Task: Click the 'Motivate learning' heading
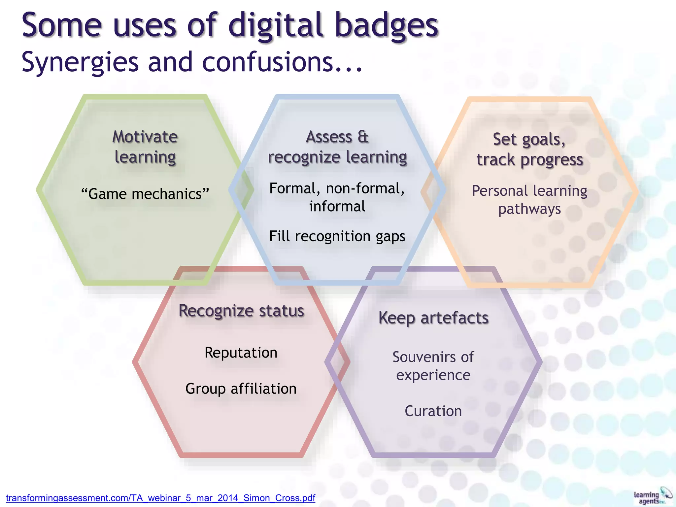tap(145, 147)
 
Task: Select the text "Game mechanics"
tap(145, 194)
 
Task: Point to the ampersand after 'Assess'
tap(363, 137)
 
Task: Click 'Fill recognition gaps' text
tap(337, 236)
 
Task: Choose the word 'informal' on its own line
tap(337, 207)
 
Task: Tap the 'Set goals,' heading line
tap(529, 139)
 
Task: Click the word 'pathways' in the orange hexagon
tap(529, 209)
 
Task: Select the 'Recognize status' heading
tap(241, 311)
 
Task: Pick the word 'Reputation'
tap(241, 353)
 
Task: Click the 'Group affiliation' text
tap(241, 389)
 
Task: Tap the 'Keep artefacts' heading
tap(433, 318)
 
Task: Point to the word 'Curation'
tap(433, 411)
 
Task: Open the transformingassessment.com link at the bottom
tap(160, 498)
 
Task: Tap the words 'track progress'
tap(529, 160)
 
